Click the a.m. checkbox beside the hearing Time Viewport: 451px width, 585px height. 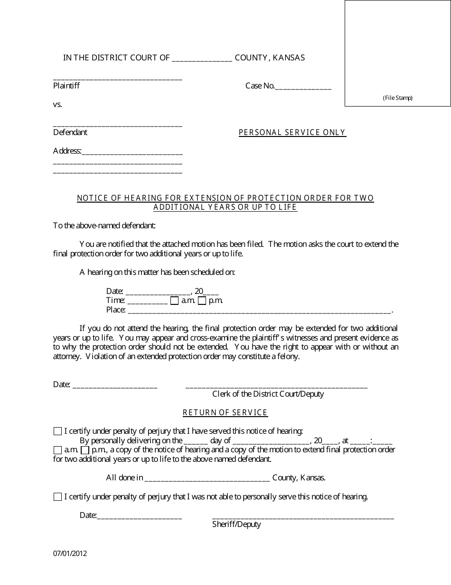pyautogui.click(x=174, y=301)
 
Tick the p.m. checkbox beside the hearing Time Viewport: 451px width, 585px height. pyautogui.click(x=202, y=301)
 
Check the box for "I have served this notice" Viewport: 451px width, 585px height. pyautogui.click(x=57, y=431)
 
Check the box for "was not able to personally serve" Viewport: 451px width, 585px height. pyautogui.click(x=57, y=497)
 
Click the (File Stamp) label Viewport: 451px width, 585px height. pyautogui.click(x=398, y=98)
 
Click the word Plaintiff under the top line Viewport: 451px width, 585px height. pyautogui.click(x=66, y=86)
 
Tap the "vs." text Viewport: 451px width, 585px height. pyautogui.click(x=57, y=104)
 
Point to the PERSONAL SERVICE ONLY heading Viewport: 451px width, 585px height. pyautogui.click(x=292, y=133)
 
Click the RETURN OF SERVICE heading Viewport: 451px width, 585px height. pyautogui.click(x=225, y=413)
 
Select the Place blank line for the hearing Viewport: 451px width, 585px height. pyautogui.click(x=259, y=311)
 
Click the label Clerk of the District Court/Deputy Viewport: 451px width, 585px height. pyautogui.click(x=268, y=394)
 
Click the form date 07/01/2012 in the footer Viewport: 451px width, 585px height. pyautogui.click(x=70, y=553)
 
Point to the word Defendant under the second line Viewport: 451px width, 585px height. pyautogui.click(x=70, y=133)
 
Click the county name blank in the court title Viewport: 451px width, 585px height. pyautogui.click(x=202, y=59)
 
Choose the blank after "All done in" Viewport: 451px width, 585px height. pyautogui.click(x=207, y=479)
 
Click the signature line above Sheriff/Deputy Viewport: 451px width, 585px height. pyautogui.click(x=303, y=517)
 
